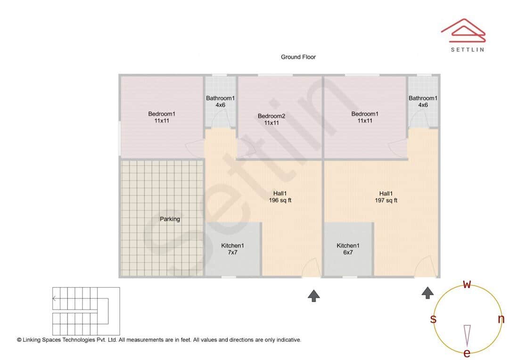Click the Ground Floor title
(298, 57)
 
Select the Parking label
(170, 219)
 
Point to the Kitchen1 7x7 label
(232, 249)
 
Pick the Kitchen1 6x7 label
(348, 249)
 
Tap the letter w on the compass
(467, 284)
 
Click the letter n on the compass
(501, 319)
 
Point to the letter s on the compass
(433, 319)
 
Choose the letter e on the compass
(467, 353)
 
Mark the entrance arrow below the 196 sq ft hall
(314, 295)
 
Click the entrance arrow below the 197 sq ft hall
(427, 293)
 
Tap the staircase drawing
(86, 311)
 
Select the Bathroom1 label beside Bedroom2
(220, 101)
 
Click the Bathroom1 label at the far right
(423, 101)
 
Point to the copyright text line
(159, 340)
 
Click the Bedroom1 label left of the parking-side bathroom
(162, 117)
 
